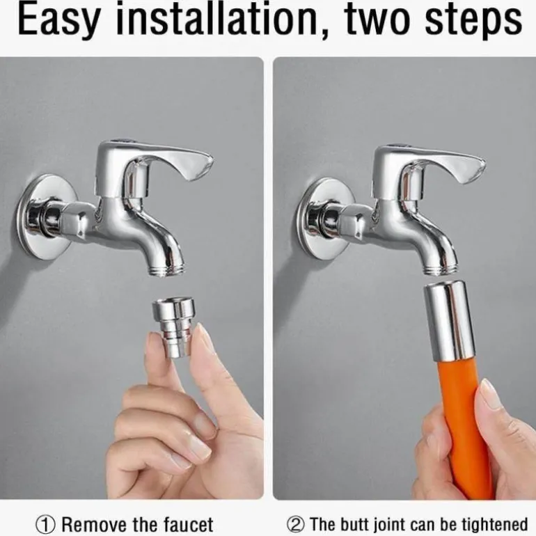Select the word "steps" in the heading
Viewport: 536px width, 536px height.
coord(473,20)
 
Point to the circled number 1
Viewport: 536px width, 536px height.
coord(45,524)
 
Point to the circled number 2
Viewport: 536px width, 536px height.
coord(296,524)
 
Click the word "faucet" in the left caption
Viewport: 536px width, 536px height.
coord(189,524)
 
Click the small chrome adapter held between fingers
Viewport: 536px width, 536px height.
coord(173,327)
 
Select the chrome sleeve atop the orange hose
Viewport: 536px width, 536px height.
coord(449,321)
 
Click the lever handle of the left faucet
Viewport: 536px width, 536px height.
coord(154,164)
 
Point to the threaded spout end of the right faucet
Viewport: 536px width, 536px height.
coord(440,267)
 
